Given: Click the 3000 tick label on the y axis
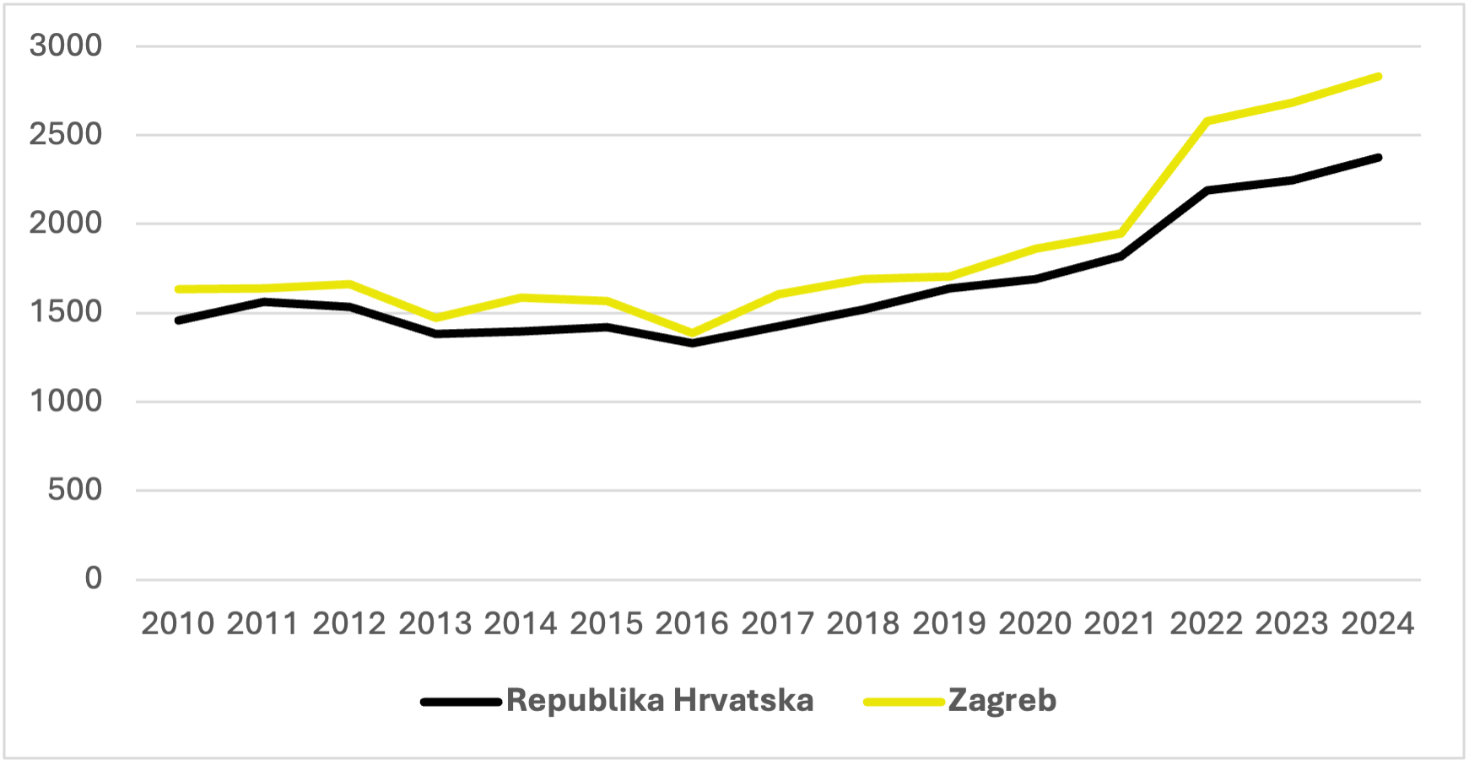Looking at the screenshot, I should pyautogui.click(x=65, y=46).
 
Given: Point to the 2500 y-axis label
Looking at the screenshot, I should pyautogui.click(x=65, y=134).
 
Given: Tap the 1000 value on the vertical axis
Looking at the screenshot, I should pyautogui.click(x=65, y=401).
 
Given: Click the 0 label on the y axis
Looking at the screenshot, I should pyautogui.click(x=93, y=579).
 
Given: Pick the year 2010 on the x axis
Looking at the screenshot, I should pyautogui.click(x=178, y=624).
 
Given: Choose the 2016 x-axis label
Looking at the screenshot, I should pyautogui.click(x=692, y=624).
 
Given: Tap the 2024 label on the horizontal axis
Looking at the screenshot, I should pyautogui.click(x=1378, y=624).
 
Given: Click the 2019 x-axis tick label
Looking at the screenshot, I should pyautogui.click(x=949, y=624).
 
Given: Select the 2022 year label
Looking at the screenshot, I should pyautogui.click(x=1207, y=624).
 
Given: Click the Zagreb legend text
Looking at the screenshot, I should pyautogui.click(x=1002, y=701).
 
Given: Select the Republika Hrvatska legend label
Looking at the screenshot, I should pyautogui.click(x=660, y=701).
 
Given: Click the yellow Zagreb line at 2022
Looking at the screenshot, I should pyautogui.click(x=1207, y=121).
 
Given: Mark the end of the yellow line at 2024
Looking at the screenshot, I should pyautogui.click(x=1378, y=77).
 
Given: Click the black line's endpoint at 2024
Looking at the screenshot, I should pyautogui.click(x=1378, y=158).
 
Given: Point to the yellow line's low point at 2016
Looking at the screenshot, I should pyautogui.click(x=692, y=333).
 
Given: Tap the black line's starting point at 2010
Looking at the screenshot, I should pyautogui.click(x=178, y=321).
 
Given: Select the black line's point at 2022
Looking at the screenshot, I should pyautogui.click(x=1207, y=191).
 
